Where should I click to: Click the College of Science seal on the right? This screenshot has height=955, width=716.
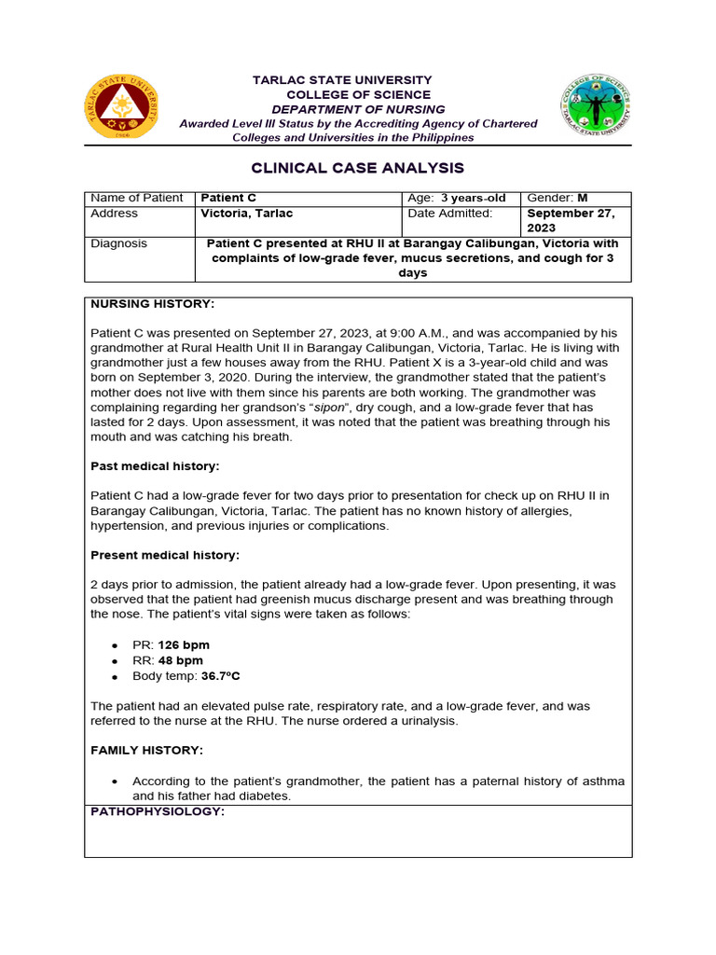pyautogui.click(x=596, y=106)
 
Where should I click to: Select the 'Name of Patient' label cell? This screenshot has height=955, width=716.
pyautogui.click(x=137, y=199)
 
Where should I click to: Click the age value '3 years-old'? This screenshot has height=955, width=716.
pyautogui.click(x=474, y=199)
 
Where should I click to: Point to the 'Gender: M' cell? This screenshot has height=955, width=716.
pyautogui.click(x=558, y=199)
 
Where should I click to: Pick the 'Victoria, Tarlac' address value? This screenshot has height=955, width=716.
pyautogui.click(x=247, y=214)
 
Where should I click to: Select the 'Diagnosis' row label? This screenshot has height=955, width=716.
pyautogui.click(x=119, y=243)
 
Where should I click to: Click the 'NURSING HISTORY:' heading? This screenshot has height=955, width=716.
pyautogui.click(x=152, y=304)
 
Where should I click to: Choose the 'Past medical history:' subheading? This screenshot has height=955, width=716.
pyautogui.click(x=155, y=465)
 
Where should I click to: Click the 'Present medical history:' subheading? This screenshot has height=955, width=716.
pyautogui.click(x=165, y=555)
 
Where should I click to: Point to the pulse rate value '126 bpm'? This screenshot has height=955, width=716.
pyautogui.click(x=184, y=645)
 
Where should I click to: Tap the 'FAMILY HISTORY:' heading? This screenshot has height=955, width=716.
pyautogui.click(x=146, y=750)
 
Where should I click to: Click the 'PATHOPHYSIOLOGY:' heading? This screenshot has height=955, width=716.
pyautogui.click(x=158, y=812)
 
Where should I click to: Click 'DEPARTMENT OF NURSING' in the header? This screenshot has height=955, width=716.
pyautogui.click(x=358, y=109)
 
